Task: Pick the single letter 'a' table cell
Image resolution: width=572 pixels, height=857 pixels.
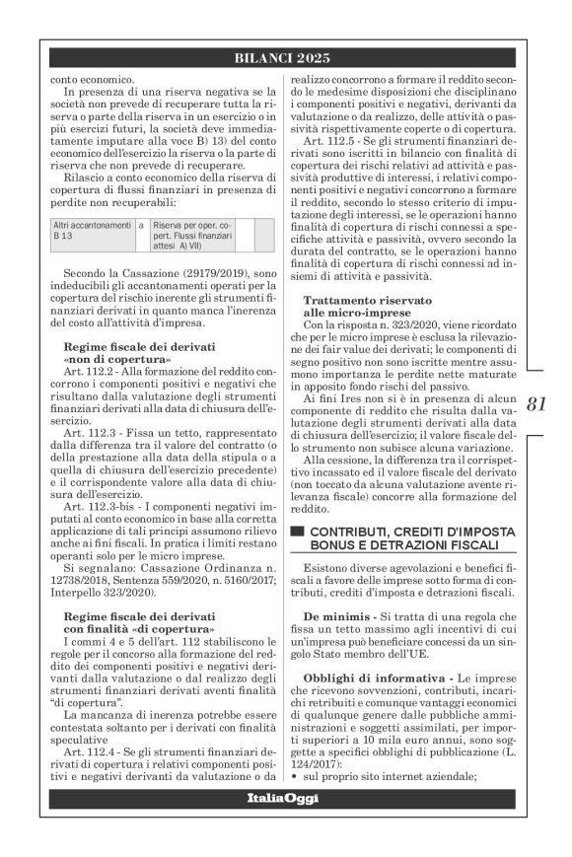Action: pos(142,225)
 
